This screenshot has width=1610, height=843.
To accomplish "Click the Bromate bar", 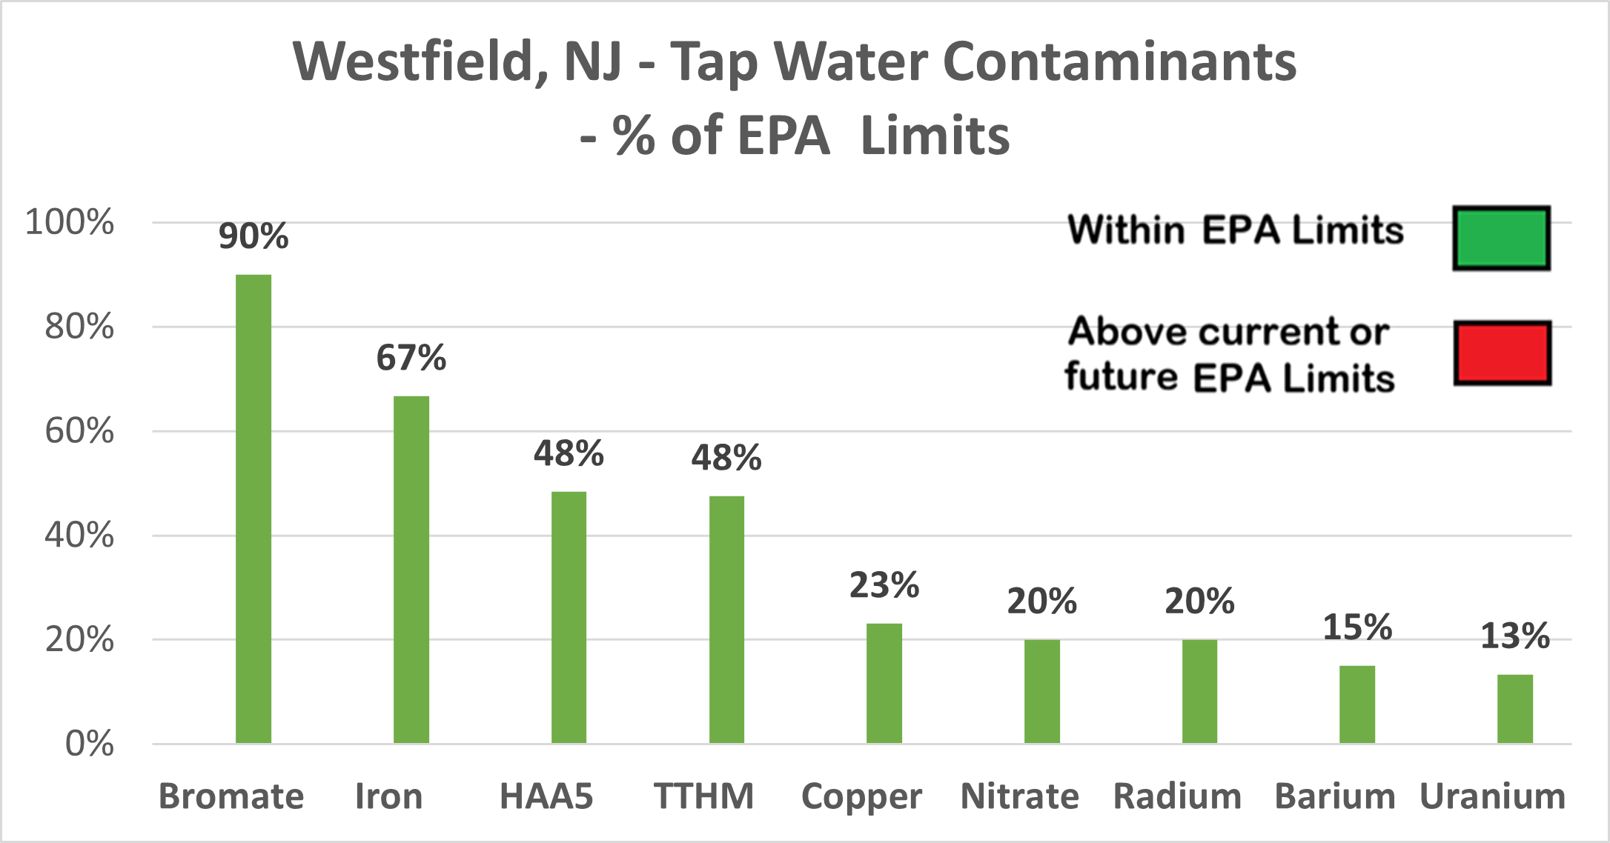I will coord(254,509).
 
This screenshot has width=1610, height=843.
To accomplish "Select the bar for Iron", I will coord(411,570).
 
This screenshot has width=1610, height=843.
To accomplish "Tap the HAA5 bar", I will coord(569,617).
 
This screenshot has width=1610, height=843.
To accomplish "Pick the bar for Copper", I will coord(884,683).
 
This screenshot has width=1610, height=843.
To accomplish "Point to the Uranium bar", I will coord(1515,709).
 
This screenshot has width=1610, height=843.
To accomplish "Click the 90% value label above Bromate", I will coord(254,237).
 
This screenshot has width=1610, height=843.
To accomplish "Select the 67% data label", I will coord(411,359).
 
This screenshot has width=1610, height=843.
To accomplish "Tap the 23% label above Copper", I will coord(884,586).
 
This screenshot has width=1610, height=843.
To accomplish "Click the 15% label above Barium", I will coord(1357,628).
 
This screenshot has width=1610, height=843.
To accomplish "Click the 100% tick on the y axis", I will coord(70,222).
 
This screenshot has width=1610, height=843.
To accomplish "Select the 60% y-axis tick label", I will coord(79,431).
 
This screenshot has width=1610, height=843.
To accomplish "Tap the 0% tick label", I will coord(90,744).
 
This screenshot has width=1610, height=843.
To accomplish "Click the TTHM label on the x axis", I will coord(703,797).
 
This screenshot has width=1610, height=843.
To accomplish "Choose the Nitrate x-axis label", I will coord(1019,797).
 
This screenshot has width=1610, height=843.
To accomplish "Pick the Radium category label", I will coord(1177,797).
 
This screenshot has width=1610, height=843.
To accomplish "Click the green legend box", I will coord(1501,239).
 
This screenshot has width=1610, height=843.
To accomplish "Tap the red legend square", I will coord(1502,353).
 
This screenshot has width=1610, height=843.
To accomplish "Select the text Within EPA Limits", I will coord(1236,230).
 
